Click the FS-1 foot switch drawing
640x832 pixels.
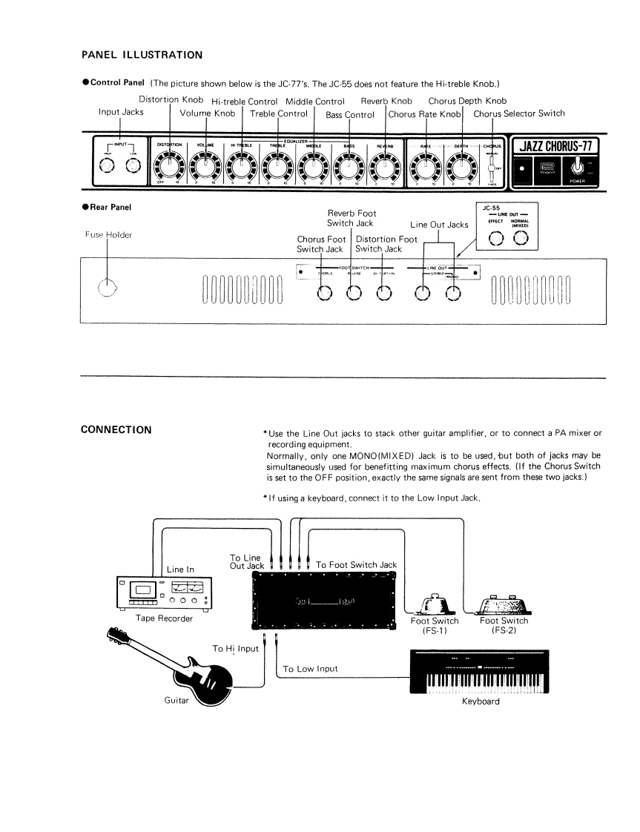pos(435,598)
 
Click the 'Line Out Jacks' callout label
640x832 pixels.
pos(439,225)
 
